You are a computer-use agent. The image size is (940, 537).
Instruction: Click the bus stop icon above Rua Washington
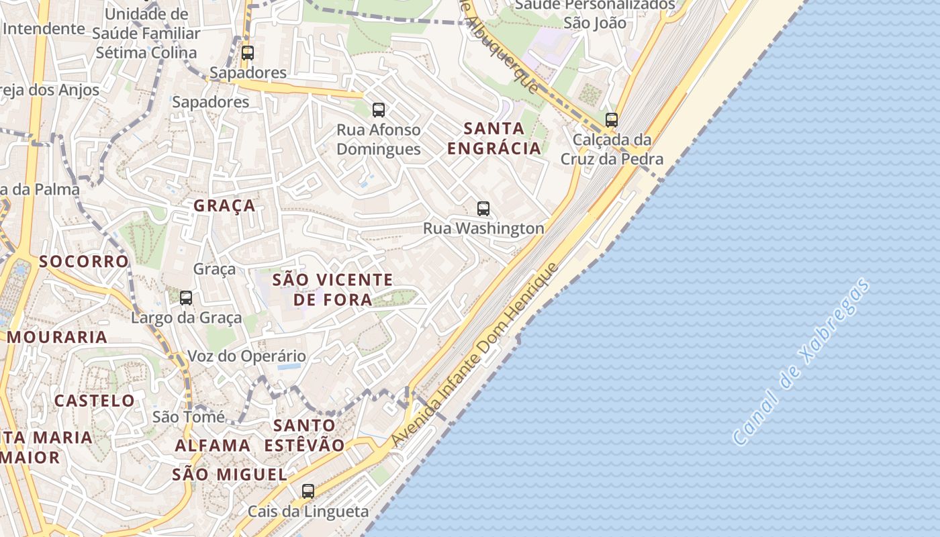click(x=483, y=208)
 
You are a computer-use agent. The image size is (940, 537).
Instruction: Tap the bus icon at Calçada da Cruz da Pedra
click(x=611, y=120)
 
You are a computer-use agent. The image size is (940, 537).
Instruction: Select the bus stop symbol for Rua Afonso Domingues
click(x=379, y=109)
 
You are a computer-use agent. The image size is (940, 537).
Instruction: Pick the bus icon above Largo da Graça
click(x=186, y=297)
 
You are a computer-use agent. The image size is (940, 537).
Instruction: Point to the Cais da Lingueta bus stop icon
click(x=308, y=491)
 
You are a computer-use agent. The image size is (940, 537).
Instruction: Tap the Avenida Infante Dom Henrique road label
click(x=475, y=355)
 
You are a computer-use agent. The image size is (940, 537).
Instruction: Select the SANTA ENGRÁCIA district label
click(x=494, y=138)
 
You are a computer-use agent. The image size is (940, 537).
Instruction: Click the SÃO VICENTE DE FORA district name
click(x=332, y=289)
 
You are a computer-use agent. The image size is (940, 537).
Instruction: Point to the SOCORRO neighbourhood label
click(x=83, y=261)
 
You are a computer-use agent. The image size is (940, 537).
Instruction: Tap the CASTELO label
click(x=95, y=401)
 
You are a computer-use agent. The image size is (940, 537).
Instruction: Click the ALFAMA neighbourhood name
click(x=213, y=445)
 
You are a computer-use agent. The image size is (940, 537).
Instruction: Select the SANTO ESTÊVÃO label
click(x=304, y=435)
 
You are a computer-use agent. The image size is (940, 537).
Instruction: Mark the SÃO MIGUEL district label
click(x=230, y=475)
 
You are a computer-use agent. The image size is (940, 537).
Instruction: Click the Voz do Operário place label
click(x=246, y=356)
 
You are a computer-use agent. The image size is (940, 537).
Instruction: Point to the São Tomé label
click(x=189, y=417)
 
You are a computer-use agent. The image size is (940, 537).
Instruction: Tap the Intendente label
click(x=44, y=29)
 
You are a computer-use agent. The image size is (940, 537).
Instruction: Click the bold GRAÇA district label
click(x=224, y=205)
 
